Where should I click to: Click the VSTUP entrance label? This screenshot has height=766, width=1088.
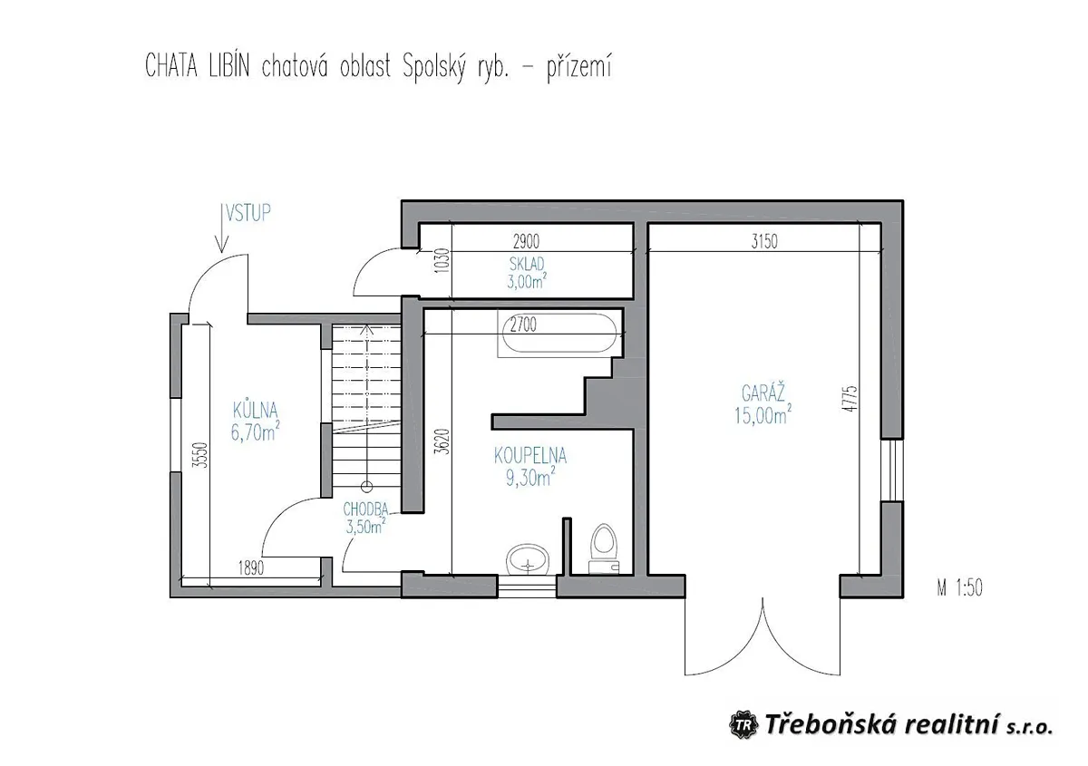248,213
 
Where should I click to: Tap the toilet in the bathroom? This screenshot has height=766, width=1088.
603,548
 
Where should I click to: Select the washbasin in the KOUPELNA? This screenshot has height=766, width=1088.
528,559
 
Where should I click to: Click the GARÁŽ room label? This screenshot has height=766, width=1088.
763,393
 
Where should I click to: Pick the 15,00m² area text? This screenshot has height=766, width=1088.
763,415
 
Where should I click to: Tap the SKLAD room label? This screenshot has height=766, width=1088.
527,264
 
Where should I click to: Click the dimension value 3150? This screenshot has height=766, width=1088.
764,242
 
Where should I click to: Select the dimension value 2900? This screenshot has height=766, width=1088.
526,241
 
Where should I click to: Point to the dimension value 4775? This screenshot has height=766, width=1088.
850,399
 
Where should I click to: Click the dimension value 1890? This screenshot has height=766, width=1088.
251,567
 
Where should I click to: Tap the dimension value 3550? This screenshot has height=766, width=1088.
199,455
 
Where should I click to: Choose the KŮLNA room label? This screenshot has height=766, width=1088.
255,411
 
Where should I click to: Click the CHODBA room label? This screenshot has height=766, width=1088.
365,509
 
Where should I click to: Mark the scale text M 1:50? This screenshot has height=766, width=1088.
960,587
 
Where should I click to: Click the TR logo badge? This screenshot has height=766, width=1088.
743,725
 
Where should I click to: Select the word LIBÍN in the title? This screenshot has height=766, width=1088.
229,66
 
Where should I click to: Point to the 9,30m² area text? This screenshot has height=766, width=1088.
530,478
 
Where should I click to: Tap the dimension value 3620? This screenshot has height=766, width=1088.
442,441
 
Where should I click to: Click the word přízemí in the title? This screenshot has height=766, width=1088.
579,68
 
